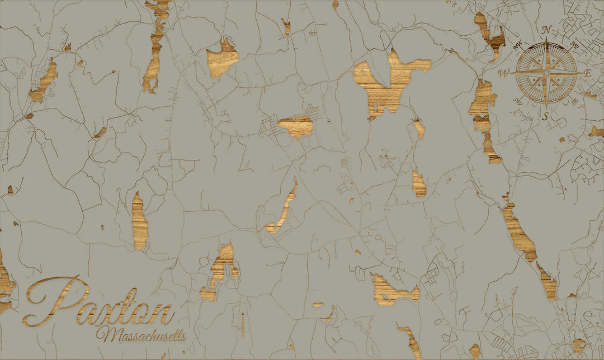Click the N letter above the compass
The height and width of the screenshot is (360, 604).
pyautogui.click(x=547, y=30)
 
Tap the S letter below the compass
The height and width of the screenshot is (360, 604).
pyautogui.click(x=546, y=116)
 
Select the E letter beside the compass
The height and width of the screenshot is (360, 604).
pyautogui.click(x=588, y=74)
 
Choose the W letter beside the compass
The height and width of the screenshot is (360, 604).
pyautogui.click(x=504, y=73)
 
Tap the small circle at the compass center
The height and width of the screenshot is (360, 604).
pyautogui.click(x=546, y=73)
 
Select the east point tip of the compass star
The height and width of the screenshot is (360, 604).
pyautogui.click(x=582, y=73)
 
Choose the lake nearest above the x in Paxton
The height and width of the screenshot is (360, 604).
pyautogui.click(x=140, y=221)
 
